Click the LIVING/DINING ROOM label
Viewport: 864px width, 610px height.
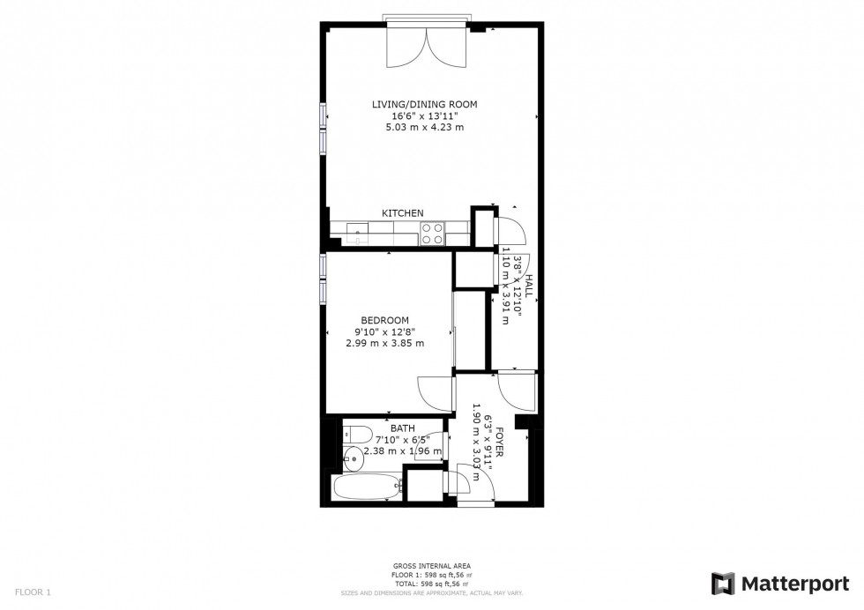(x=424, y=104)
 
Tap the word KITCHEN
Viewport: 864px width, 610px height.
(x=402, y=213)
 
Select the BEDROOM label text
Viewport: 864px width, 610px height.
(x=384, y=320)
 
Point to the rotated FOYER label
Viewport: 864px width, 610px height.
(x=499, y=438)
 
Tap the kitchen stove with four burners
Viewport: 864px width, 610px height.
(x=432, y=233)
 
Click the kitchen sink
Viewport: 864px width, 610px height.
(x=357, y=233)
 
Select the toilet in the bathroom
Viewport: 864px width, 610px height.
(x=357, y=433)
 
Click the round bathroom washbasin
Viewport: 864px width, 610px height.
(x=354, y=457)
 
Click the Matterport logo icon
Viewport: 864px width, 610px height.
(x=723, y=584)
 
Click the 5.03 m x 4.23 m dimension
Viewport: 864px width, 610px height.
(x=424, y=128)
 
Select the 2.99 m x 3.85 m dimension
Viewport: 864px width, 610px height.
(x=384, y=343)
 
